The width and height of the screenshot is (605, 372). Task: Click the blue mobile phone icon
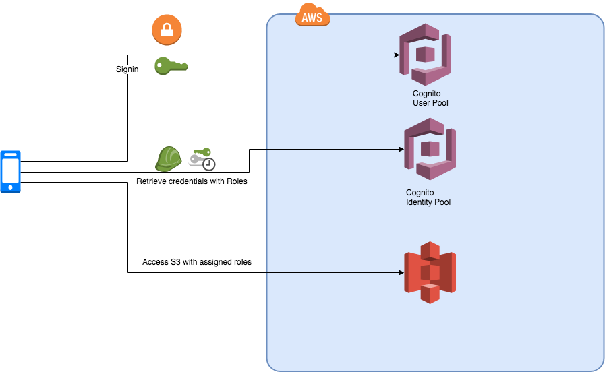11,172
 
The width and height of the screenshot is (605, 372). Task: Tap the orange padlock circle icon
167,30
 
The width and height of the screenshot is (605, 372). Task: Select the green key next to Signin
171,65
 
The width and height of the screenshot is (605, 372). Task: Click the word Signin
127,69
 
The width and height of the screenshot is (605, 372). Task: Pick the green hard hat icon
168,159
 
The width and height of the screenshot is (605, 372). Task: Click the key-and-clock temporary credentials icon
201,158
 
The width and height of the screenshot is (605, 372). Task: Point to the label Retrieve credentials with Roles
192,181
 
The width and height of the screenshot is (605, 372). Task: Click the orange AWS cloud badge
312,16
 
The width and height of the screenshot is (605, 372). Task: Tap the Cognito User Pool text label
430,98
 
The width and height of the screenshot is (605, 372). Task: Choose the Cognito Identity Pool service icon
430,149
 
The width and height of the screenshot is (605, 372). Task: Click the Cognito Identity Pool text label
428,197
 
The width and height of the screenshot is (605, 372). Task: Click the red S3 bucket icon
430,272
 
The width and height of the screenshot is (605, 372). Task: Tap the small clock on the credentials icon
209,164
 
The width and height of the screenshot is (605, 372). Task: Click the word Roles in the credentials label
237,181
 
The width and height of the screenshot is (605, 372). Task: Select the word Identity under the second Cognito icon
419,201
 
